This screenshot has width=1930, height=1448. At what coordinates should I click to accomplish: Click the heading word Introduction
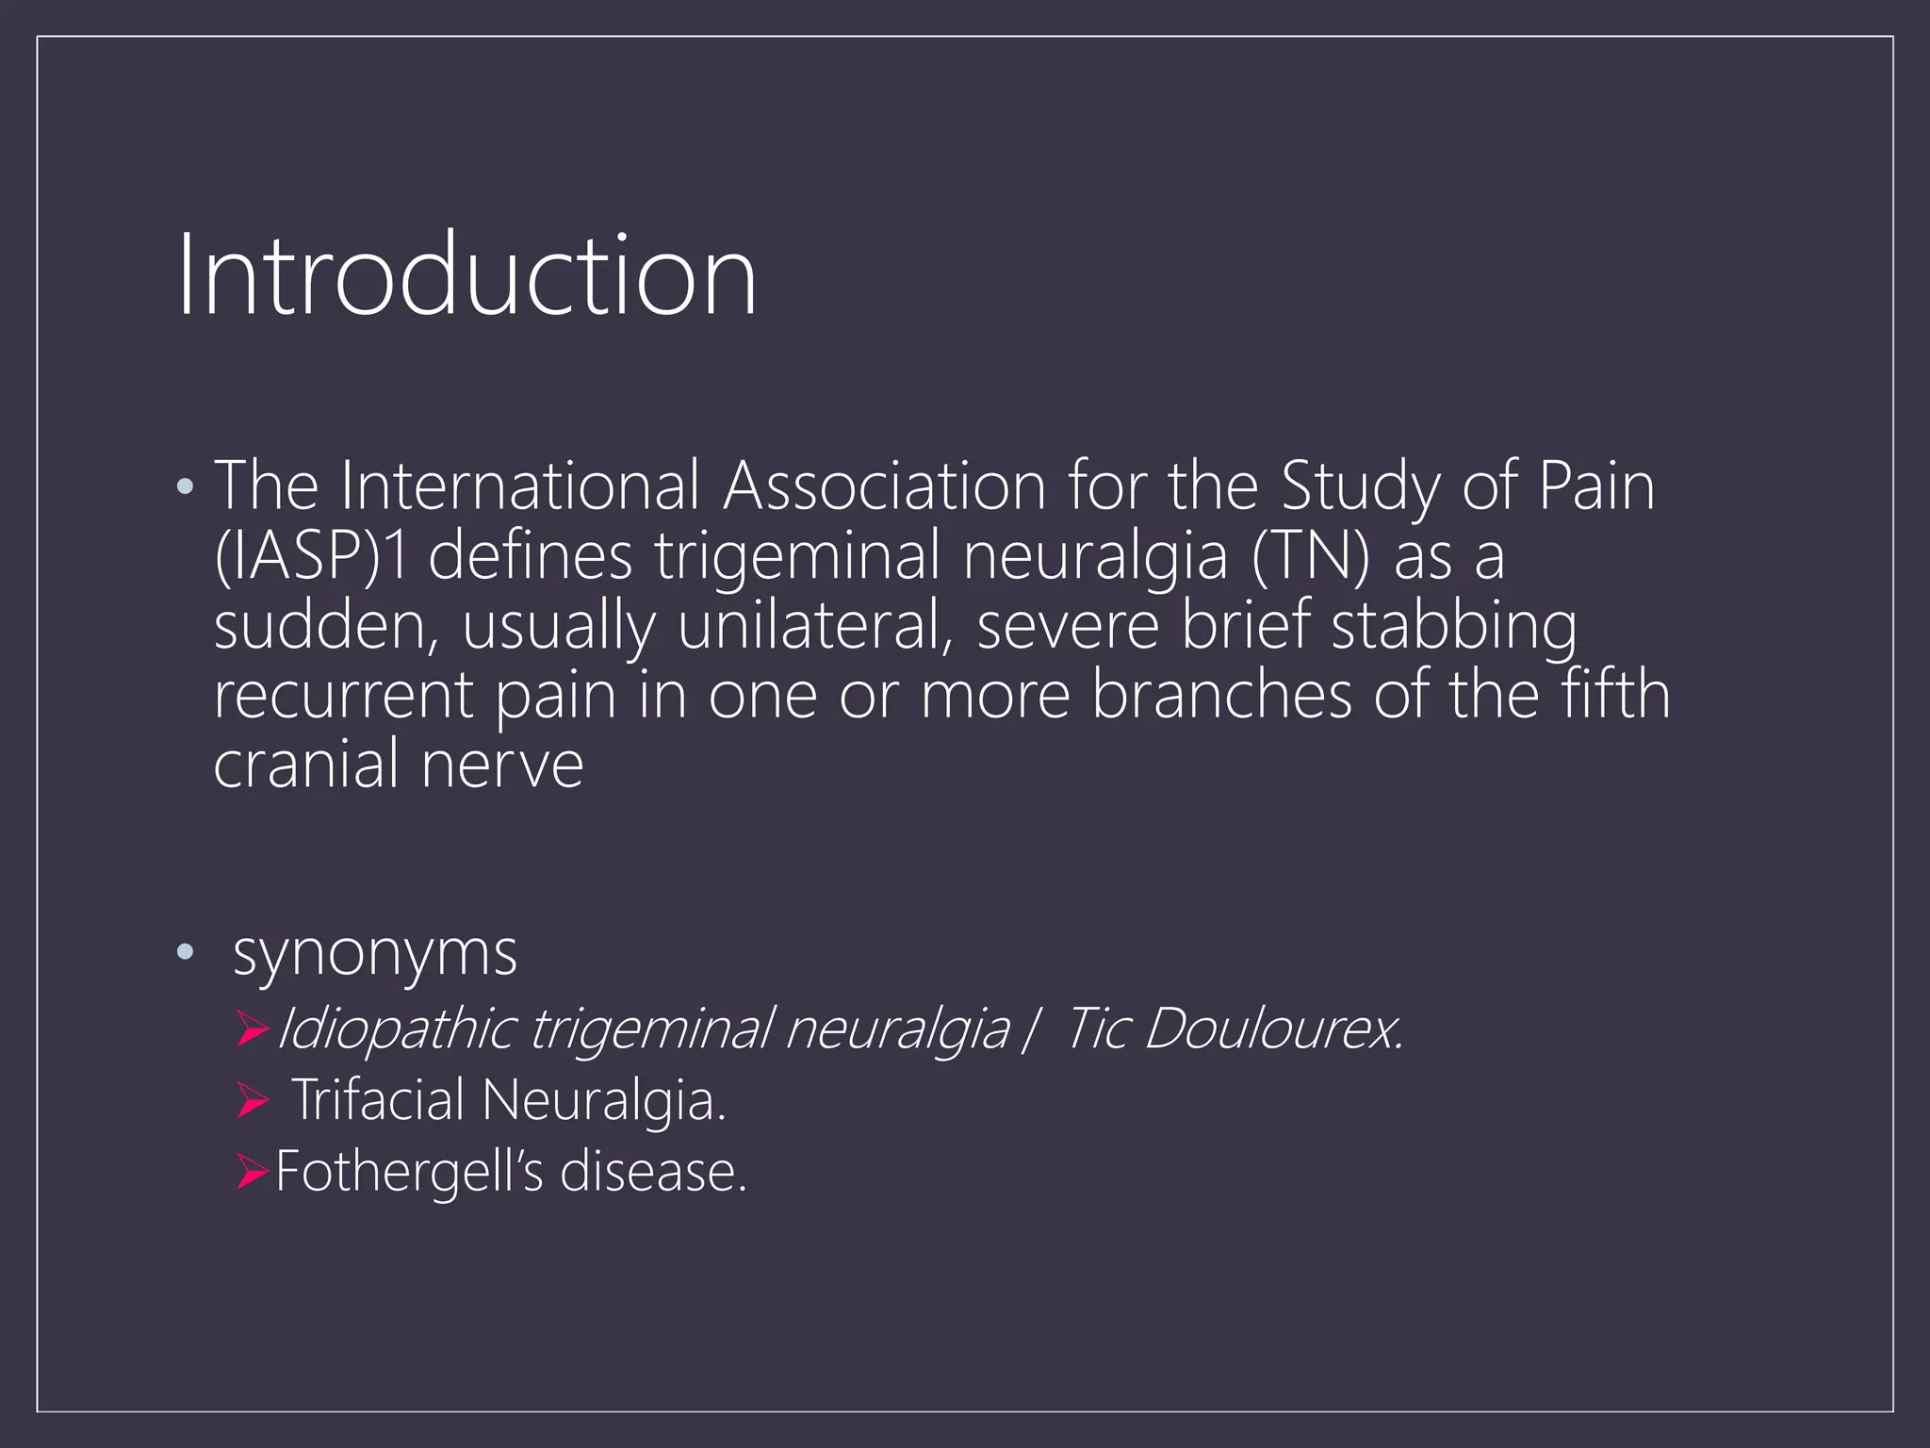pyautogui.click(x=466, y=274)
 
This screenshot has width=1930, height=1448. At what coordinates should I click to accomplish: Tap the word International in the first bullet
pyautogui.click(x=519, y=486)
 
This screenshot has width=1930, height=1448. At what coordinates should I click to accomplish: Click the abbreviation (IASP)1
pyautogui.click(x=311, y=556)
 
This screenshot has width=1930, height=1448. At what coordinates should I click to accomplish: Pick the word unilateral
pyautogui.click(x=811, y=626)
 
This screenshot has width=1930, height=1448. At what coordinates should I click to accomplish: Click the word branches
pyautogui.click(x=1221, y=696)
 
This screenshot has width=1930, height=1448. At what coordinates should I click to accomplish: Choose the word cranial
pyautogui.click(x=305, y=765)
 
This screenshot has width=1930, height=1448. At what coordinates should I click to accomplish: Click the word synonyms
pyautogui.click(x=374, y=954)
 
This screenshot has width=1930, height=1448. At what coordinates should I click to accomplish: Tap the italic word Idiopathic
pyautogui.click(x=396, y=1028)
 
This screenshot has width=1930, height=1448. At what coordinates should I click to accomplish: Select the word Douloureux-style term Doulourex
pyautogui.click(x=1272, y=1028)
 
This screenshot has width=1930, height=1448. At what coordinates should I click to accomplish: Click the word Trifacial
pyautogui.click(x=379, y=1100)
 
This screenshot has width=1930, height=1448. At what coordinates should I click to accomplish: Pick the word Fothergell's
pyautogui.click(x=409, y=1172)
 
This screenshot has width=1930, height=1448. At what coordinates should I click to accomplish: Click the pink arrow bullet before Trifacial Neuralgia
pyautogui.click(x=253, y=1100)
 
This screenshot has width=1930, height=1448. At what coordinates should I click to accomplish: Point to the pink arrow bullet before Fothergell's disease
pyautogui.click(x=253, y=1172)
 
